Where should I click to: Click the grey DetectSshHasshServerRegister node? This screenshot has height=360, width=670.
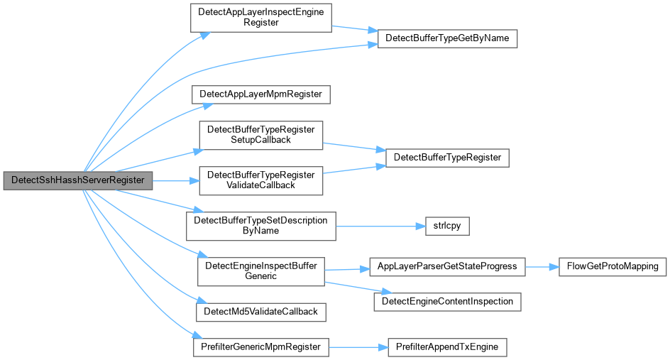point(78,180)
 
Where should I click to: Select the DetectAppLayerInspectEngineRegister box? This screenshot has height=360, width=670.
point(261,18)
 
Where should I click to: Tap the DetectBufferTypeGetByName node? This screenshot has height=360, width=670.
point(447,38)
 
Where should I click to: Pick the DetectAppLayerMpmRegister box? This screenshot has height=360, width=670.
point(261,94)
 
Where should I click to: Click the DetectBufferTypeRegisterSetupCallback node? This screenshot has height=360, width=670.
point(261,135)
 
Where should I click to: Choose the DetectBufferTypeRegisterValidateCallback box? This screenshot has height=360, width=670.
point(261,180)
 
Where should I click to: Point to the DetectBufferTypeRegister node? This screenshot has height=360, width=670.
point(447,158)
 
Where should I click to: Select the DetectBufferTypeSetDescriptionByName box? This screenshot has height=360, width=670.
point(261,226)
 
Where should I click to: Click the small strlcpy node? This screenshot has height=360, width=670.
point(447,226)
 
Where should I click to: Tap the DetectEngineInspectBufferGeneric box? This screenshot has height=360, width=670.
point(261,271)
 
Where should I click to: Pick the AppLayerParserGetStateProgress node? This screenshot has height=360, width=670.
point(447,267)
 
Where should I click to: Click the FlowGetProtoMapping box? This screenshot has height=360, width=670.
point(613,267)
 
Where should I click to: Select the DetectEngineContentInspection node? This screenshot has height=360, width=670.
point(447,302)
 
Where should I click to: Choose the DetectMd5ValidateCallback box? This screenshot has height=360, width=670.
point(261,312)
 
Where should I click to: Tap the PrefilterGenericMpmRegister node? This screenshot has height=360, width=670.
point(261,347)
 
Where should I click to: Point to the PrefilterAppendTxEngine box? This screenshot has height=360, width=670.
point(447,347)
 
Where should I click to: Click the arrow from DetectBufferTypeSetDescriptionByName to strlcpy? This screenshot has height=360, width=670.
point(380,227)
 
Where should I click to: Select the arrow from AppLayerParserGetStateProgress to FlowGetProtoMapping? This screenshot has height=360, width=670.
point(542,267)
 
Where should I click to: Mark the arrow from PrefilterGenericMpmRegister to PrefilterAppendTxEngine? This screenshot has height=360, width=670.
point(358,348)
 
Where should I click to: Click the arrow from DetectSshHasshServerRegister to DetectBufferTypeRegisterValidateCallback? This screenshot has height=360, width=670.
point(175,181)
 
